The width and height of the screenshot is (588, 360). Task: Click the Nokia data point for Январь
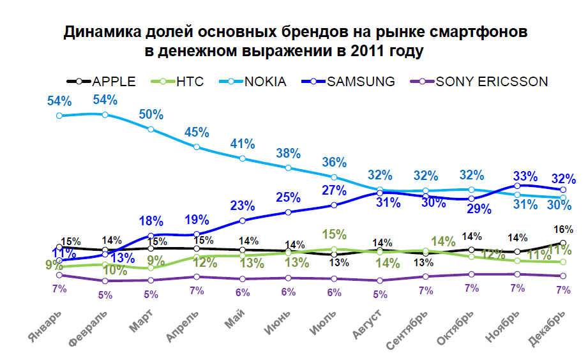(59, 116)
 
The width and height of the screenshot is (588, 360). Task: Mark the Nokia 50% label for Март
(151, 115)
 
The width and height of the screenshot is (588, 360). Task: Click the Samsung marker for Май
(243, 221)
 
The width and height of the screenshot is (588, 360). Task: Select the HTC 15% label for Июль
(335, 234)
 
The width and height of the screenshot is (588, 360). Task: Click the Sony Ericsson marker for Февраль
(105, 281)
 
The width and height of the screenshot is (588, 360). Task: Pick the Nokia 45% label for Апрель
(197, 133)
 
